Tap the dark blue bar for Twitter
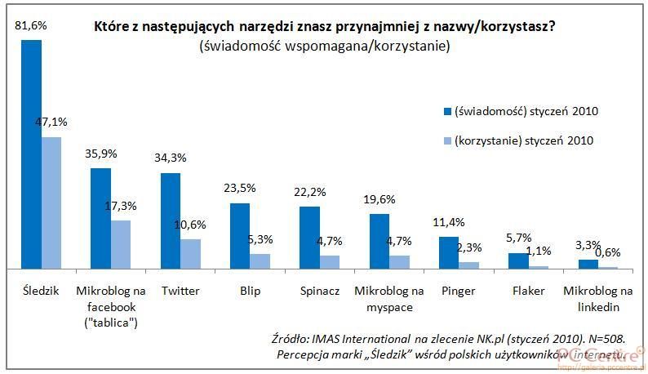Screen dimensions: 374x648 (171, 220)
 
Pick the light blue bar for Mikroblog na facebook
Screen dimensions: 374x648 (121, 244)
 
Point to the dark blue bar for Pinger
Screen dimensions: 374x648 (449, 252)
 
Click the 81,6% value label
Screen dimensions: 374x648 (31, 26)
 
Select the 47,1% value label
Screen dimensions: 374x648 (51, 122)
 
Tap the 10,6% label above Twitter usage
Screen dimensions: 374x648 (191, 225)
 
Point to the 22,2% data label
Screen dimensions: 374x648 (310, 191)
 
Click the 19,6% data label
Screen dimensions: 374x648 (379, 198)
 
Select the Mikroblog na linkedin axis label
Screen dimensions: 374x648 (598, 299)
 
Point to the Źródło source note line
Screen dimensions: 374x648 (448, 338)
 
